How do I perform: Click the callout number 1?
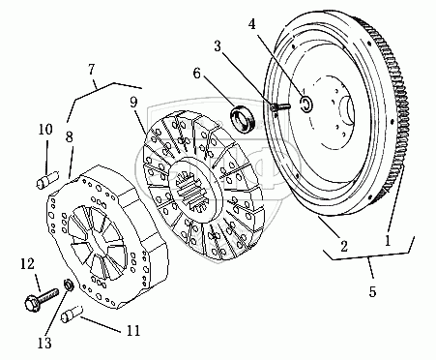388,240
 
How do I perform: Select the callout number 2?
344,247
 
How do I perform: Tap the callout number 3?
218,46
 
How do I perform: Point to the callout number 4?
251,23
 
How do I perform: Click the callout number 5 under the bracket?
372,292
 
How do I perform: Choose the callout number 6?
197,74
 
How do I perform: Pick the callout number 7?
92,69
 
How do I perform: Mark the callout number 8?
70,137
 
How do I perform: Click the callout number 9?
133,102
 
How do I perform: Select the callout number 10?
45,130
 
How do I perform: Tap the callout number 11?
134,331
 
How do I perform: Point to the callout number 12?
27,264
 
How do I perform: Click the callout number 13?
44,344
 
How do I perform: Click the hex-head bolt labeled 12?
42,300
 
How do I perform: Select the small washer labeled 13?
69,285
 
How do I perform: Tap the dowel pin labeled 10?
47,180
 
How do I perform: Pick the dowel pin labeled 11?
73,315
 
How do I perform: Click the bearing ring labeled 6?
243,118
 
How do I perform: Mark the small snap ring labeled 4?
306,104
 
